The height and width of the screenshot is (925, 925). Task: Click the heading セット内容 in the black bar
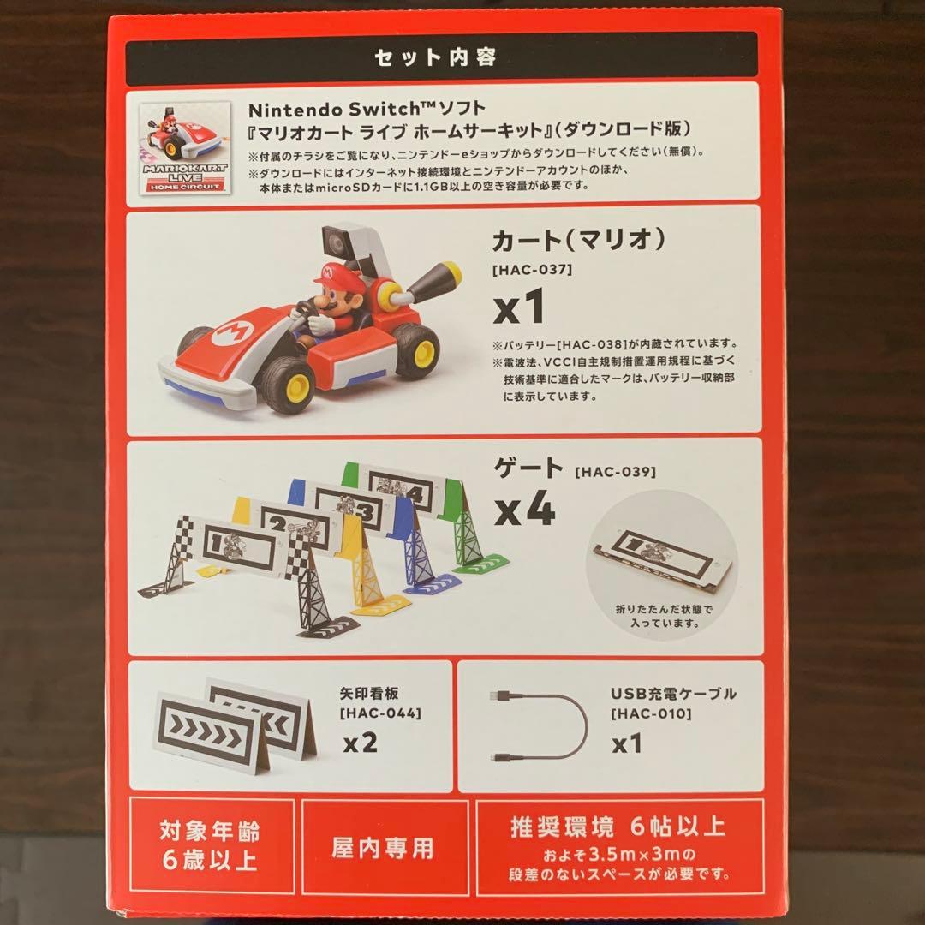436,58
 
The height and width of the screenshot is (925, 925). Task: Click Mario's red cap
331,274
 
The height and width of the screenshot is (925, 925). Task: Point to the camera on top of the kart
338,245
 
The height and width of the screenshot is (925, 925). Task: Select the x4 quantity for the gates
526,511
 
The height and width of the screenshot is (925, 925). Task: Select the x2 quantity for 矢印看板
361,743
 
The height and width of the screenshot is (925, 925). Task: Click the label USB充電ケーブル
673,693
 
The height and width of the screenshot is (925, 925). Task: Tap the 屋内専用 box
382,848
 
